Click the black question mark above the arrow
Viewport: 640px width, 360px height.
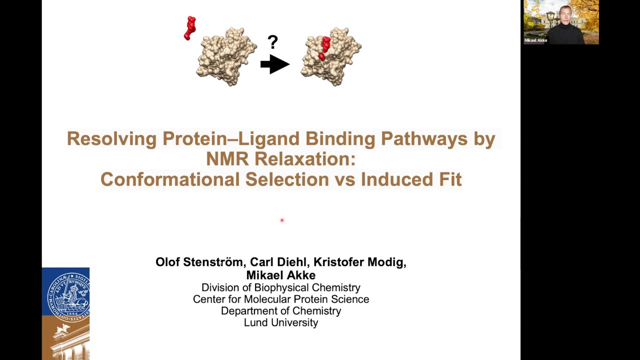tap(272, 42)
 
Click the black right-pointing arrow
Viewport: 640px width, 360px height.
tap(274, 64)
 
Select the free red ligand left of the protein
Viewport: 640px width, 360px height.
tap(190, 28)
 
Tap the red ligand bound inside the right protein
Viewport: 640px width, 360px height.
tap(324, 48)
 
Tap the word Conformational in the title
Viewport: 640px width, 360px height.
tap(169, 179)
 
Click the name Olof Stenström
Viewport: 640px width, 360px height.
tap(199, 262)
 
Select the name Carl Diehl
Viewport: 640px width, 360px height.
tap(278, 262)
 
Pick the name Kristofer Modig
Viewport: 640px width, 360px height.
tap(359, 262)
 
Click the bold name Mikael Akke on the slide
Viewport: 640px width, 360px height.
tap(280, 275)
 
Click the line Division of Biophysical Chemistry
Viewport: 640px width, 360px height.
tap(280, 287)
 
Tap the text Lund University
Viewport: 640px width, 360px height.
tap(280, 322)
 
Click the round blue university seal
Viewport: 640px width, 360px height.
tap(67, 295)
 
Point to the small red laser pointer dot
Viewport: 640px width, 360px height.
tap(282, 220)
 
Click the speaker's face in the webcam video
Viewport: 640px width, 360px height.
tap(565, 16)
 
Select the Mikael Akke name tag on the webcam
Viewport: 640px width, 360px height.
tap(535, 40)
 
